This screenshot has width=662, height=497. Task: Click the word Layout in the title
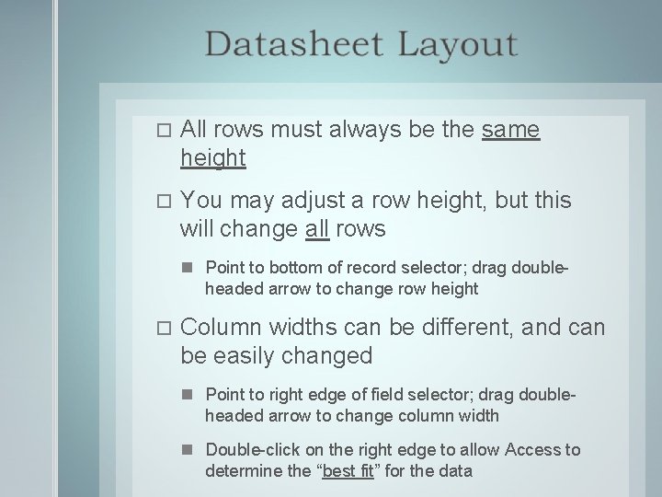point(457,44)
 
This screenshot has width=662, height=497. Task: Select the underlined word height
point(213,158)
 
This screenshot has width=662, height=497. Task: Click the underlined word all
point(316,227)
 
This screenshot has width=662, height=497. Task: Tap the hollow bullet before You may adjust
point(164,201)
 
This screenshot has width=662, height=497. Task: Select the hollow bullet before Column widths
point(164,328)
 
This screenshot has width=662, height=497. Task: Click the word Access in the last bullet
point(537,450)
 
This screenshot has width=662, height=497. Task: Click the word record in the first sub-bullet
point(346,268)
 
